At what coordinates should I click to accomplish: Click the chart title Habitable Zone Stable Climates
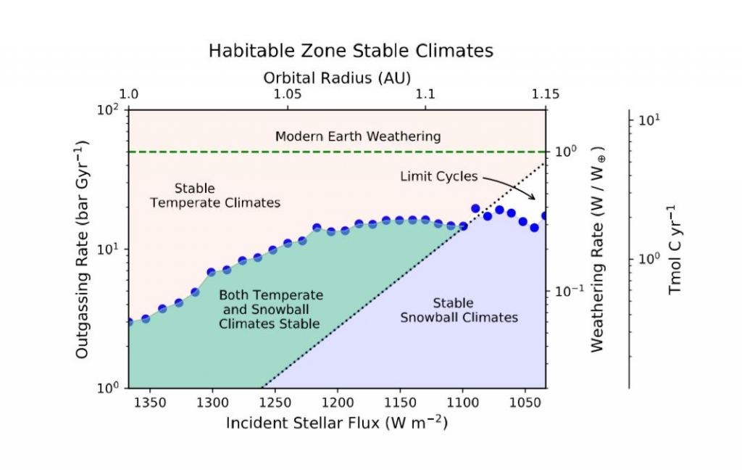tap(351, 51)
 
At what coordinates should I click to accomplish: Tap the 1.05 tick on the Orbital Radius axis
tap(288, 94)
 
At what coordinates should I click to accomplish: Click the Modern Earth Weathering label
tap(357, 136)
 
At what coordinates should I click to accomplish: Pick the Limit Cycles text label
tap(439, 176)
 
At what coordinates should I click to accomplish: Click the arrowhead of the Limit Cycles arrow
tap(535, 198)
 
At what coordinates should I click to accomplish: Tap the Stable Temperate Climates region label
tap(214, 196)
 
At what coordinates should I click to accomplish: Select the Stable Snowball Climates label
tap(459, 310)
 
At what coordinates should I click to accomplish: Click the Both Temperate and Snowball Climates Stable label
tap(270, 310)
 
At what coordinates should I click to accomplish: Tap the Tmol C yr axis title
tap(675, 250)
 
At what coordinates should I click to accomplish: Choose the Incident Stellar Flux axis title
tap(336, 423)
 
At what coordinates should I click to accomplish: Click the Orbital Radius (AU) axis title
tap(337, 78)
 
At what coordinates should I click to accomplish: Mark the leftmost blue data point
tap(129, 321)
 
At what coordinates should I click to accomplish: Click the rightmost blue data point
tap(546, 216)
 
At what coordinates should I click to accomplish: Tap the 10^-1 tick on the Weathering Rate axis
tap(567, 292)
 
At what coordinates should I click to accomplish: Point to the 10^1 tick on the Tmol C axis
tap(647, 119)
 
